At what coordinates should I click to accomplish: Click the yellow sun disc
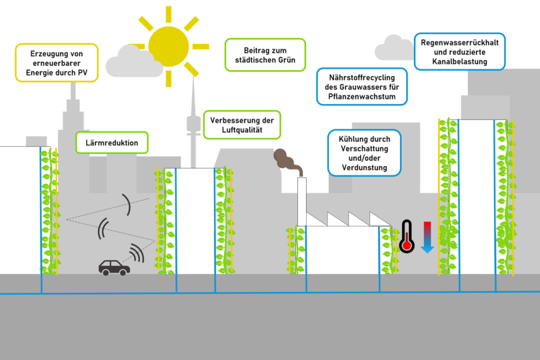(169, 46)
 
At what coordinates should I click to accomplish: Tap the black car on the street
(114, 267)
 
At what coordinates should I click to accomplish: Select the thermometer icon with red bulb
(406, 237)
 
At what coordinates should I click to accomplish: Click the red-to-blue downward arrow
(427, 237)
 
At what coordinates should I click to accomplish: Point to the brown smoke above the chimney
(287, 160)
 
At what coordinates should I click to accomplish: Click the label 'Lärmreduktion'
(111, 143)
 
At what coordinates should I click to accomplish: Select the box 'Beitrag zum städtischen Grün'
(265, 55)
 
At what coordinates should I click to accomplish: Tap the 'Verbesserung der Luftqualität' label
(242, 125)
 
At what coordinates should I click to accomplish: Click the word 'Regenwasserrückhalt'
(459, 41)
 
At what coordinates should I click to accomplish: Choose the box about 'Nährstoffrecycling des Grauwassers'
(360, 87)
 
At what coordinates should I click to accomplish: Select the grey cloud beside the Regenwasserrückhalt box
(393, 49)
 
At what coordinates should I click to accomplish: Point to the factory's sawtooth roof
(349, 219)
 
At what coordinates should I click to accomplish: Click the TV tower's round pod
(193, 123)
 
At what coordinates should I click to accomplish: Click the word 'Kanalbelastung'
(459, 62)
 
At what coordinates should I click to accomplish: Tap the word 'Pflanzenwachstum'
(360, 97)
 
